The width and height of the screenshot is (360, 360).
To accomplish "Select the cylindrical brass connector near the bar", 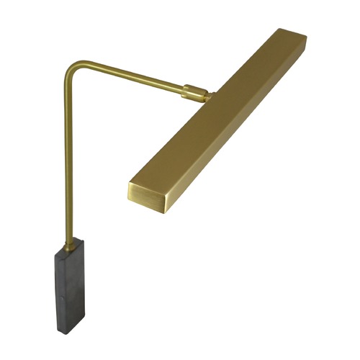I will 192,93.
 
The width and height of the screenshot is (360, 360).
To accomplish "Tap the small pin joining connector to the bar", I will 207,94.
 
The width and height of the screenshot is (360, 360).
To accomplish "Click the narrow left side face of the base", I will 60,288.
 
